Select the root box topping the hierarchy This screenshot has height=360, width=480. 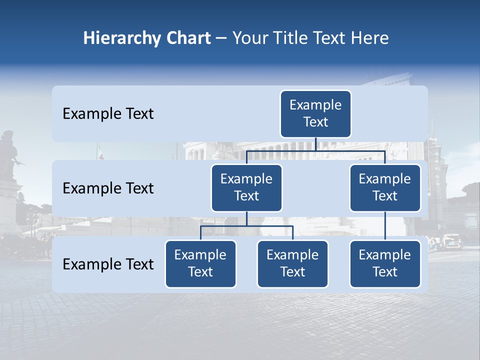coord(315,113)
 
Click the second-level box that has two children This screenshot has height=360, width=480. coord(246,187)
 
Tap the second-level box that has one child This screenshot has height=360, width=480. coord(385,187)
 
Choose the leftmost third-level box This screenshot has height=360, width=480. coord(200,263)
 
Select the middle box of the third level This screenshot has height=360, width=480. coord(292,263)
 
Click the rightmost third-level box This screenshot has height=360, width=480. coord(385,263)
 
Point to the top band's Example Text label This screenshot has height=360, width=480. coord(108,113)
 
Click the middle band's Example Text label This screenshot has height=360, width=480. coord(108,188)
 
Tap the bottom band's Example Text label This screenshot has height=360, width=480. coord(108,264)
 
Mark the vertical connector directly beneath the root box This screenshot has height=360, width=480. coord(315,144)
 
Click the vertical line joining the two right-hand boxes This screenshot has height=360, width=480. coord(385,226)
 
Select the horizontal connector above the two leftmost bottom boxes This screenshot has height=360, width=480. coord(246,226)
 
